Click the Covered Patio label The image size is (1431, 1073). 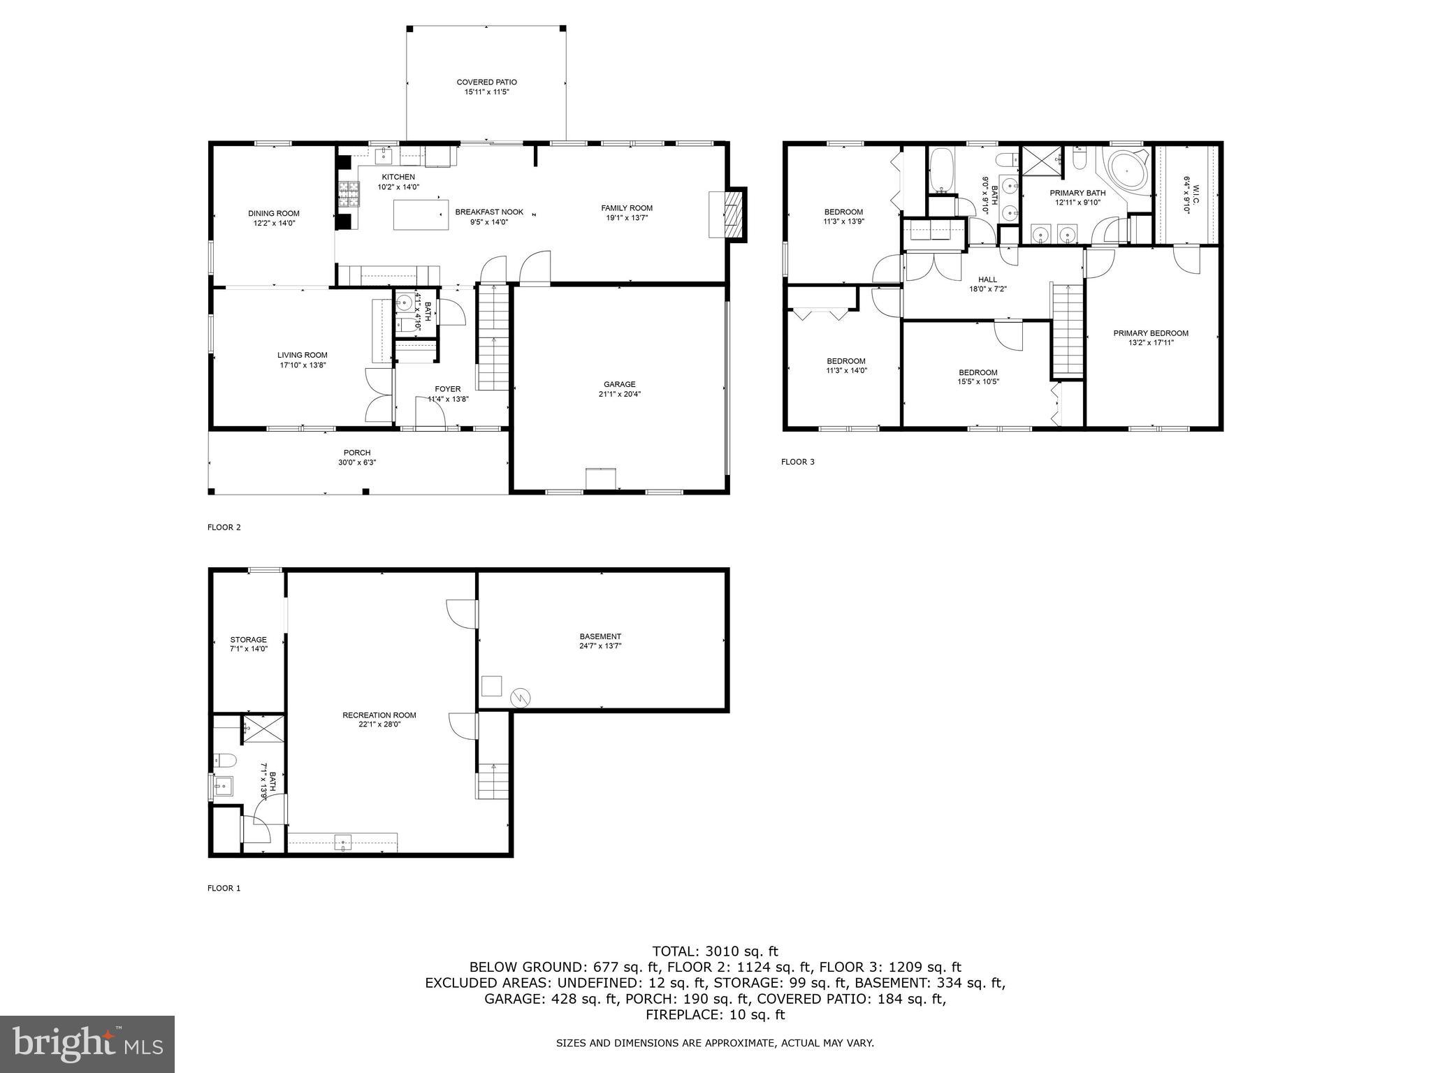(486, 82)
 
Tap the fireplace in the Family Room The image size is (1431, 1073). (732, 214)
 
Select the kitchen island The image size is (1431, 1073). (421, 214)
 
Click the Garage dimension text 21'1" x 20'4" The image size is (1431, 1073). (620, 394)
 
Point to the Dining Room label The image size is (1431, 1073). (273, 214)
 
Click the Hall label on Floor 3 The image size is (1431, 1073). (987, 279)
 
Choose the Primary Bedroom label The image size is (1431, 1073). (1150, 333)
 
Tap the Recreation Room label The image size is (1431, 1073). (379, 715)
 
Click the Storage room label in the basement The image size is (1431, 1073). (248, 639)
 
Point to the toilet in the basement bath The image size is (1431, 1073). (226, 760)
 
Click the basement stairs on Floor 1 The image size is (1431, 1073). (493, 781)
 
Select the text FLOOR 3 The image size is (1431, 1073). (797, 462)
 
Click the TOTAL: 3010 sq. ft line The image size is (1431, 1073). (715, 951)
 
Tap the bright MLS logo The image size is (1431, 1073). (87, 1044)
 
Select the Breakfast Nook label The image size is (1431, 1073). (489, 212)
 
